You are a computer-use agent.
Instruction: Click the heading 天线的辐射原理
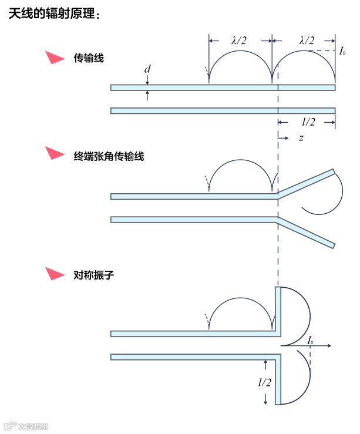[x=55, y=14]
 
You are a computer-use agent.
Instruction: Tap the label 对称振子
[x=89, y=274]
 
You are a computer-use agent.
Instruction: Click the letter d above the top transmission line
[x=147, y=70]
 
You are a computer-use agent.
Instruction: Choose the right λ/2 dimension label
[x=307, y=41]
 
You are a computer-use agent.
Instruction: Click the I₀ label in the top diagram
[x=342, y=51]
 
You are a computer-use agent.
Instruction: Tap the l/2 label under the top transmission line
[x=308, y=122]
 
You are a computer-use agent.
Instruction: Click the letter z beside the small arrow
[x=301, y=138]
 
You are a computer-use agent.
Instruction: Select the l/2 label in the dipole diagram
[x=265, y=383]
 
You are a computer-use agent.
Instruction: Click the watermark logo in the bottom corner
[x=26, y=427]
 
